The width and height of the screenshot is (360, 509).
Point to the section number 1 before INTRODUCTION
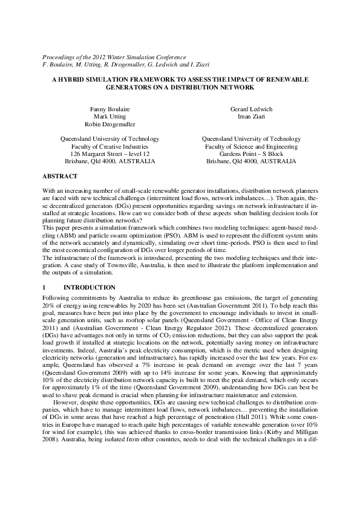point(44,287)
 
